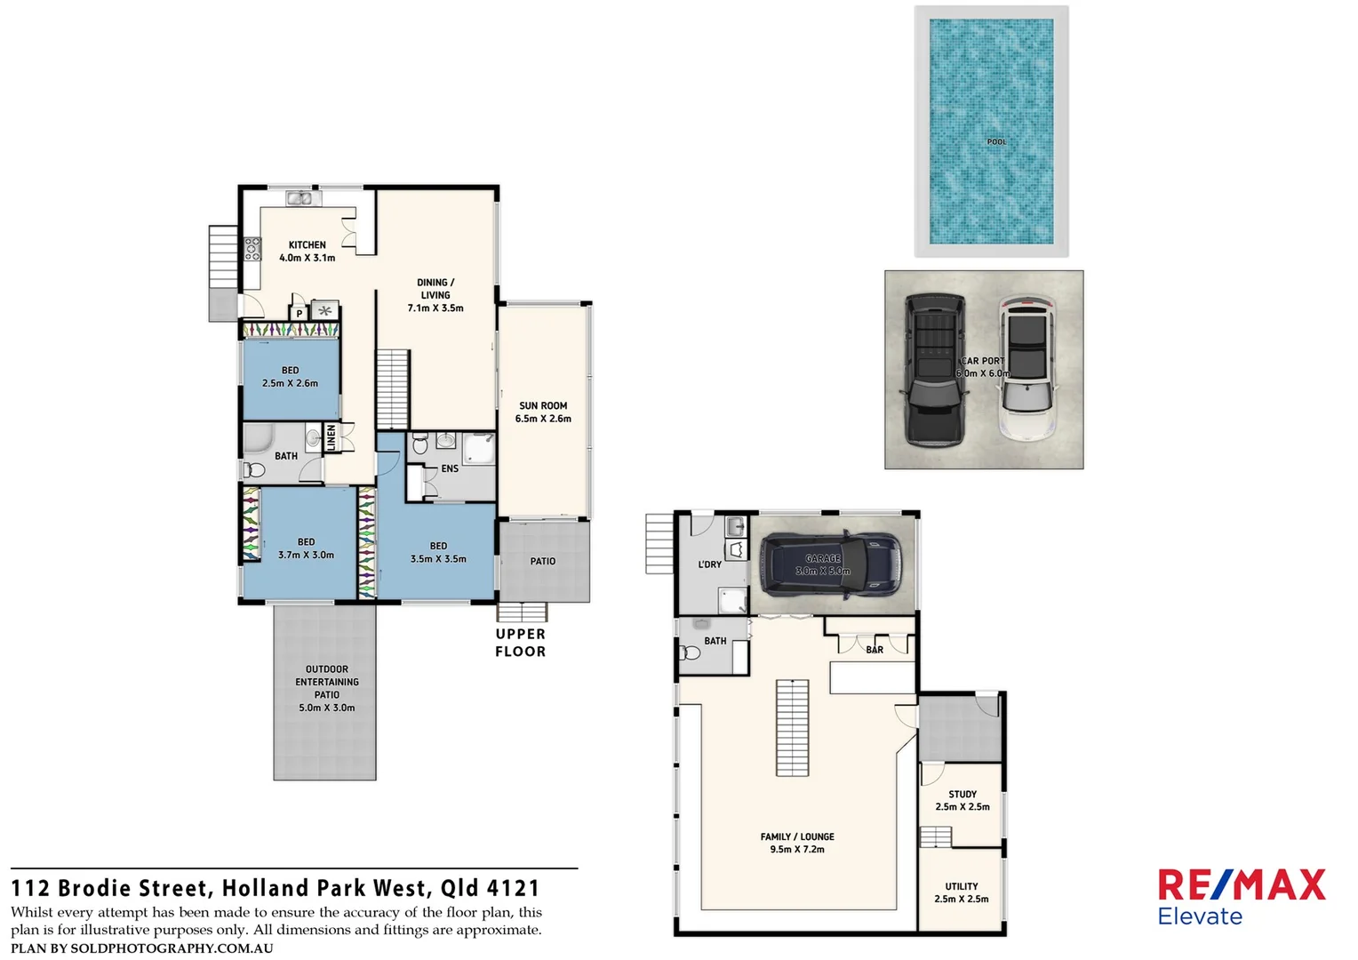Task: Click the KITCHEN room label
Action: point(308,244)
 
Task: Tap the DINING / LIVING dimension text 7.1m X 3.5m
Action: point(435,308)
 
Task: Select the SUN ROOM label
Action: point(543,405)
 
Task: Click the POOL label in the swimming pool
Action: point(996,142)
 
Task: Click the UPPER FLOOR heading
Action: point(521,643)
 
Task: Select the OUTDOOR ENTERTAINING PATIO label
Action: point(327,682)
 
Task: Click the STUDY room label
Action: point(963,794)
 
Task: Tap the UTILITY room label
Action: point(962,886)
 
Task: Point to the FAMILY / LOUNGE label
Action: point(797,836)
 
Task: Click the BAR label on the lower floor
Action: point(875,650)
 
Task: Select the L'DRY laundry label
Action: point(710,564)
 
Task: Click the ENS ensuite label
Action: point(450,468)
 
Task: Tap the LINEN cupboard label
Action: point(332,436)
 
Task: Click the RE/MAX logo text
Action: point(1241,885)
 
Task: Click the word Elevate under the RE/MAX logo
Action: point(1200,916)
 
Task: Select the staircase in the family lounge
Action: point(793,728)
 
